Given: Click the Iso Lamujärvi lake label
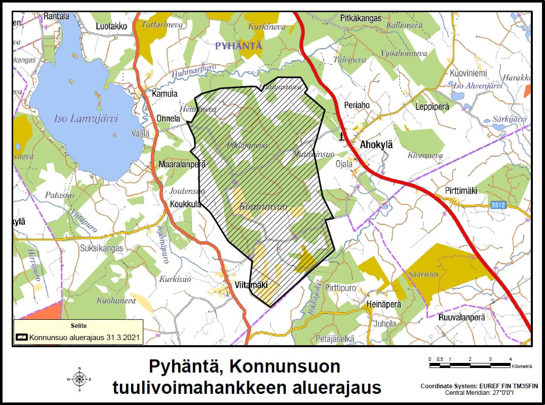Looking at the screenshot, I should [x=86, y=119].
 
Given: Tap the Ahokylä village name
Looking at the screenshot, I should [x=376, y=144].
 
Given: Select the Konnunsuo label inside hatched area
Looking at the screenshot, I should [x=262, y=207].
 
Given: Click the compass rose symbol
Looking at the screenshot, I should [x=80, y=379].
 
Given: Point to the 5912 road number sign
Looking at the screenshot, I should [x=498, y=205].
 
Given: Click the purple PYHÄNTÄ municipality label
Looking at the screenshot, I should [x=239, y=46].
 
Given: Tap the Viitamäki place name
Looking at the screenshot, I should [x=251, y=285].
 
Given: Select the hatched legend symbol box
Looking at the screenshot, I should [x=21, y=337].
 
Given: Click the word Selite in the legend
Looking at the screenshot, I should [x=78, y=326].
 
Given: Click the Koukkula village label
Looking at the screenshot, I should [x=185, y=204].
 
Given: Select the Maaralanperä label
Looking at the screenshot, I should [x=182, y=164].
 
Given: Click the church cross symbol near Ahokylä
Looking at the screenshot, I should [x=342, y=136].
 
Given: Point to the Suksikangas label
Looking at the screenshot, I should [x=101, y=249].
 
